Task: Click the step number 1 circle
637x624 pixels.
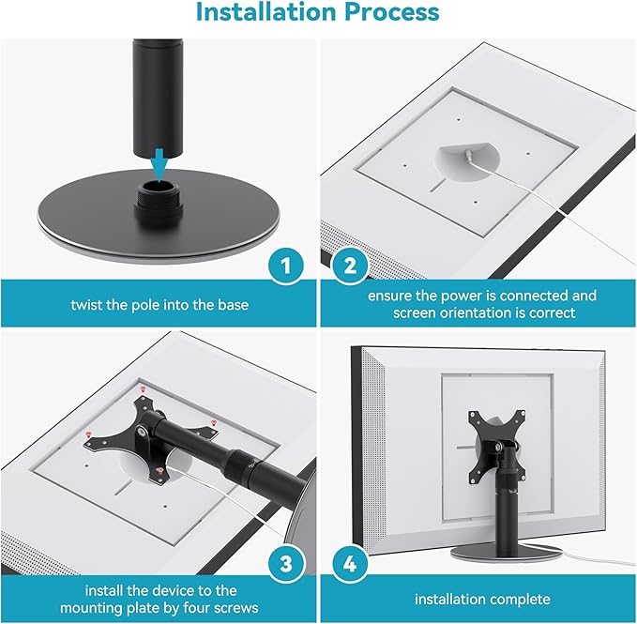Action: tap(287, 267)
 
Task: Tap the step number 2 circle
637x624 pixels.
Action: tap(350, 267)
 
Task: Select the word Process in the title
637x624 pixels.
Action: tap(392, 13)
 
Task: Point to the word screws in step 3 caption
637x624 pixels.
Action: tap(229, 609)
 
